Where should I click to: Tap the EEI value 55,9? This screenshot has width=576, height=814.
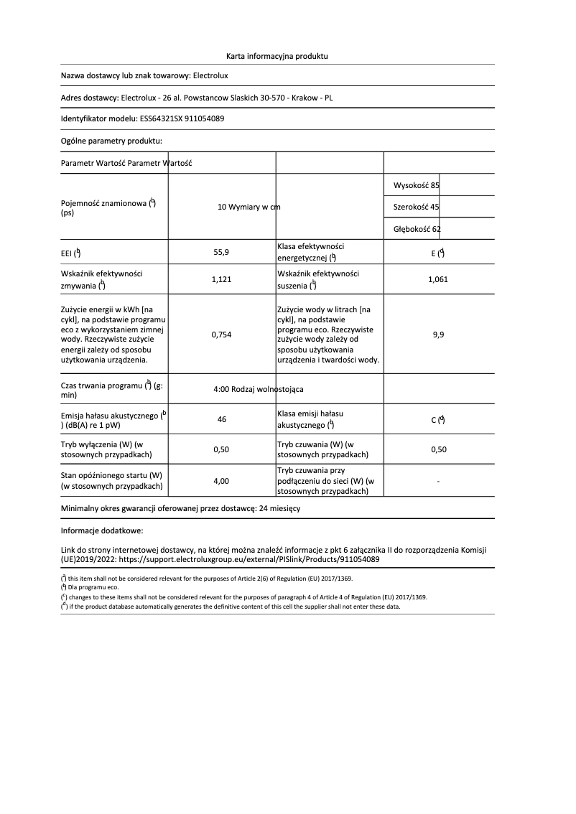[x=221, y=253]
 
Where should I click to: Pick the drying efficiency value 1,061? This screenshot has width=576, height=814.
[x=437, y=280]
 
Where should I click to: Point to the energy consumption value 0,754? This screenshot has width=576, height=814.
[x=221, y=335]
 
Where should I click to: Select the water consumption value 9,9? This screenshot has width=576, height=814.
[x=438, y=335]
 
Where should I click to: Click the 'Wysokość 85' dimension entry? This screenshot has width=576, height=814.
[x=417, y=185]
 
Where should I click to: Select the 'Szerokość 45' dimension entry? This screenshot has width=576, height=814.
[x=417, y=207]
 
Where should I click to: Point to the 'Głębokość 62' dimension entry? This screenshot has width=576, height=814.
[x=417, y=229]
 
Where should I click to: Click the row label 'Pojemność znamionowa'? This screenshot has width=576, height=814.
[x=108, y=204]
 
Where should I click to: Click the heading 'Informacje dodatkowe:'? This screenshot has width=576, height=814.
[x=102, y=531]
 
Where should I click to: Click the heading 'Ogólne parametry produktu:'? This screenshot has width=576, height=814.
[x=111, y=141]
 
